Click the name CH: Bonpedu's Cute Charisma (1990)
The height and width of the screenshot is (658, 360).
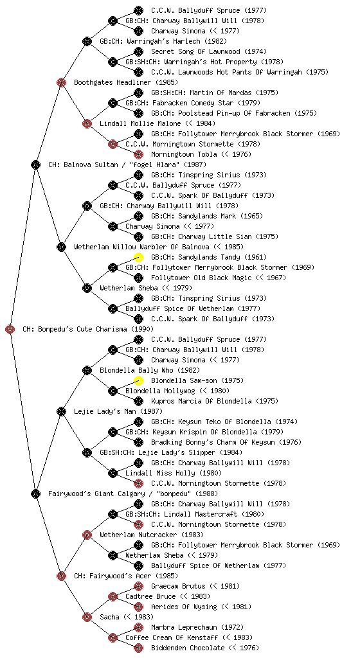tap(88, 329)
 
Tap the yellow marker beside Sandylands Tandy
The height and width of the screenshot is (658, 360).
tap(138, 257)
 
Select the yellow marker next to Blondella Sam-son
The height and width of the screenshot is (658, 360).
tap(138, 380)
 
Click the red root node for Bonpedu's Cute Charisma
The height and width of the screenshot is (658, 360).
tap(10, 329)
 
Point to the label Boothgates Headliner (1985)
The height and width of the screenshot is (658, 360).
tap(126, 82)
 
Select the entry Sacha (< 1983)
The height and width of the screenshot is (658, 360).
tap(126, 617)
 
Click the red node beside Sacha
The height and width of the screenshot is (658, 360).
tap(87, 617)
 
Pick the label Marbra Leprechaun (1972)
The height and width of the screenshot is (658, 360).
tap(197, 627)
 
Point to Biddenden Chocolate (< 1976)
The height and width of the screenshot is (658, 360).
tap(205, 648)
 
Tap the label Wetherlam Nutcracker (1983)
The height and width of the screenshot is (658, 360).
tap(152, 535)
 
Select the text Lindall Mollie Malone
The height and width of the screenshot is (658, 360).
tap(140, 123)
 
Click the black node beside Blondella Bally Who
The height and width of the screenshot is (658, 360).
tap(87, 370)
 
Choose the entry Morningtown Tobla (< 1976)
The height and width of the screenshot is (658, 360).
tap(201, 154)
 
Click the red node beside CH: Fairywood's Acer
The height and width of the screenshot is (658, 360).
tap(61, 576)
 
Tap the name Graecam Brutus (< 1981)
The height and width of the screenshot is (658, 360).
tap(195, 586)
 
